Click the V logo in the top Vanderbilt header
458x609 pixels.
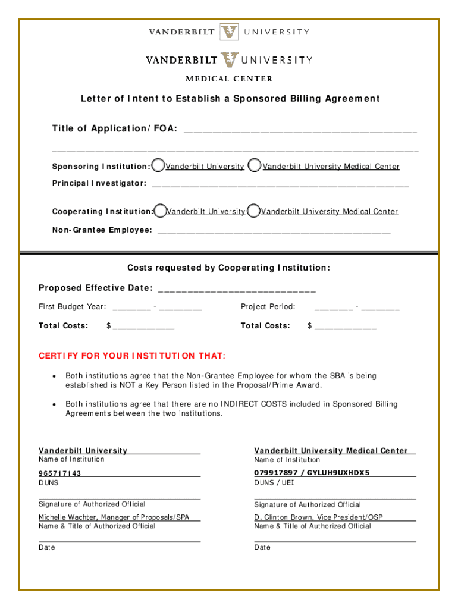[229, 32]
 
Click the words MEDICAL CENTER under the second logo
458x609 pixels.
[229, 79]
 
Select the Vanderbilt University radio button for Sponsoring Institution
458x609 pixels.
[158, 166]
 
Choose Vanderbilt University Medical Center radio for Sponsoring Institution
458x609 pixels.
[254, 166]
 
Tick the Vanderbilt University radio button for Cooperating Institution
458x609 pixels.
[159, 211]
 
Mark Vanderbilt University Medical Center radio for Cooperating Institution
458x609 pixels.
[253, 211]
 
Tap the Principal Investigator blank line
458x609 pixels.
[280, 184]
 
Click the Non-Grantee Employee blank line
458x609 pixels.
[274, 231]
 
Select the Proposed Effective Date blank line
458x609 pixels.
[237, 290]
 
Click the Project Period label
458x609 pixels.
[268, 307]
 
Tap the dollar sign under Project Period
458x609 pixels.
[310, 326]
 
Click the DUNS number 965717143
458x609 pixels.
[60, 473]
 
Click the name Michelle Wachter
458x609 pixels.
[65, 517]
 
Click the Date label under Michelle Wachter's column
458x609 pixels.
[47, 547]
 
